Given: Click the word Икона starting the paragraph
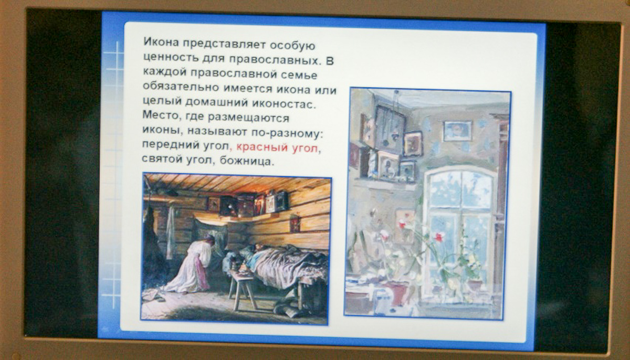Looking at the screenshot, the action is click(161, 42).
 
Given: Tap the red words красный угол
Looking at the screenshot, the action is click(277, 147).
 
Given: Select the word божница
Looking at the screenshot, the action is click(246, 161).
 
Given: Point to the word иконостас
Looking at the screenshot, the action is click(284, 104).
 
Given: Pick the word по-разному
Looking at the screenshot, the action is click(287, 133).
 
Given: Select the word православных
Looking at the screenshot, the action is click(275, 60).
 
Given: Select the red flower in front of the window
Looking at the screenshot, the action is click(439, 237).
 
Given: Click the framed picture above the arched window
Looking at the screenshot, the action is click(458, 131).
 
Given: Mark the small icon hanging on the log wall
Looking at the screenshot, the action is click(295, 224).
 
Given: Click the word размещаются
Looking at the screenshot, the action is click(249, 118).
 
